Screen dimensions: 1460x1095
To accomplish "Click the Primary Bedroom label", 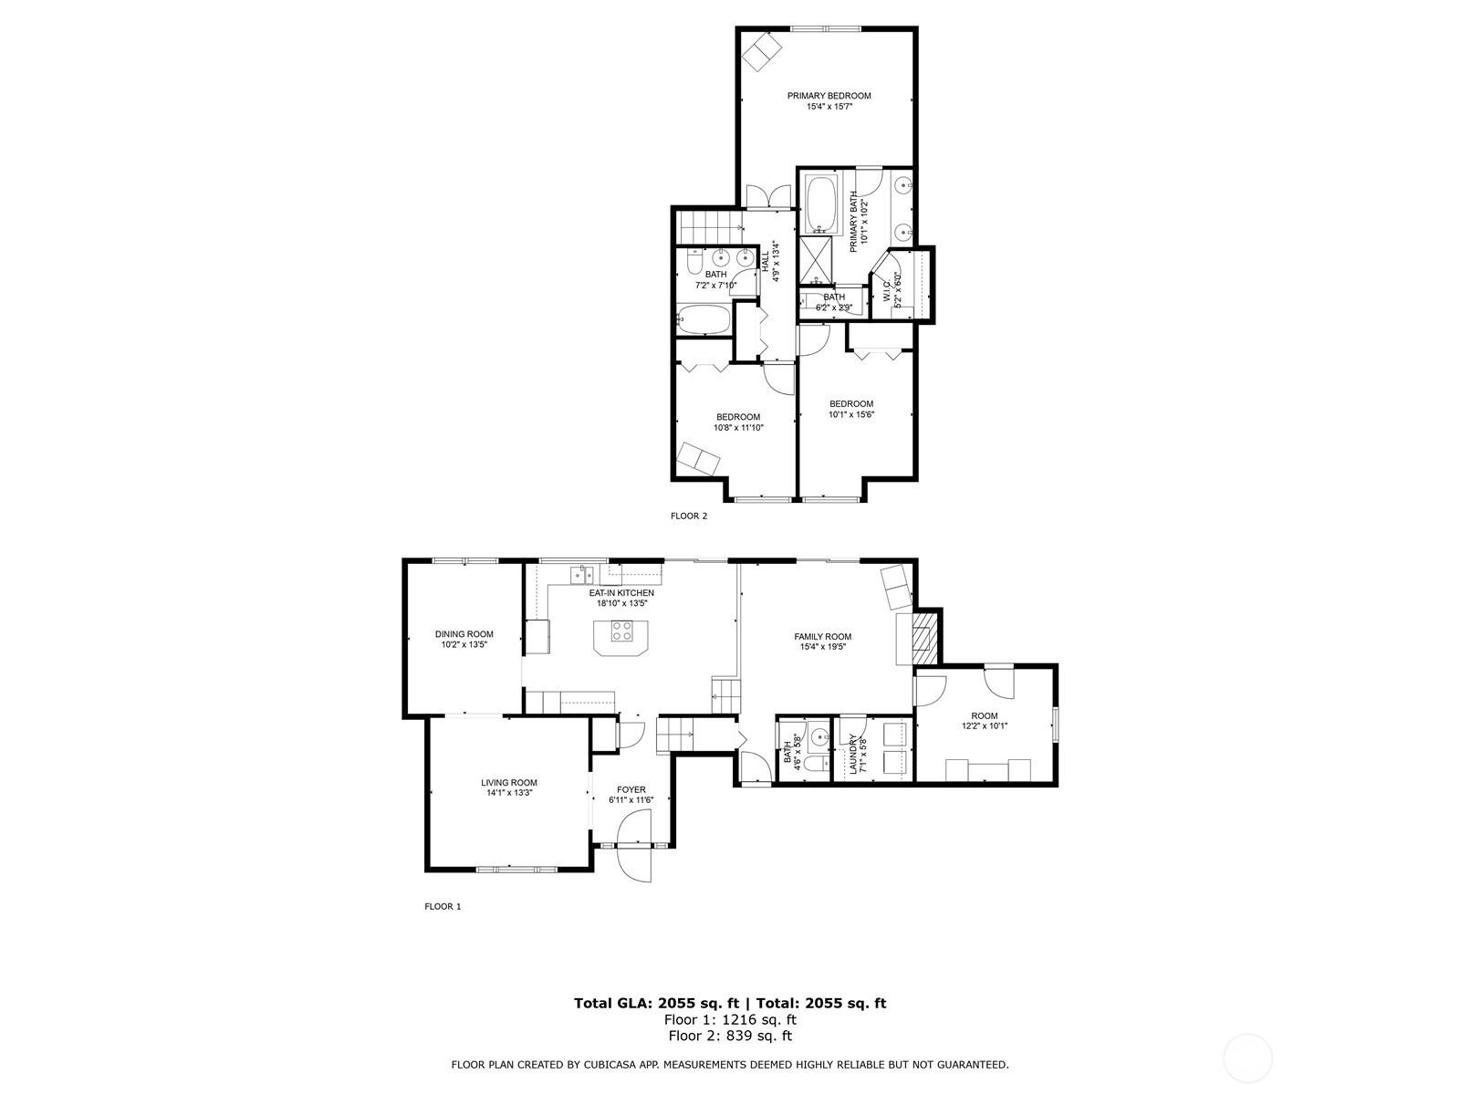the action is tap(829, 96).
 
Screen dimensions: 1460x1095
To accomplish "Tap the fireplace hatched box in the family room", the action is tap(923, 638).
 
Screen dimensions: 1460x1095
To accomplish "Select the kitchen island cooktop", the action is tap(621, 631).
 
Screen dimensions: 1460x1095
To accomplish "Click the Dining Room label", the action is tap(464, 634).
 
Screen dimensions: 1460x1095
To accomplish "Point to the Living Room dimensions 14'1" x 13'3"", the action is tap(509, 792).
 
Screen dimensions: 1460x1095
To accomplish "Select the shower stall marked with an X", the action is tap(815, 259).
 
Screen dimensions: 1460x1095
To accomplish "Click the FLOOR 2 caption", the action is tap(688, 516).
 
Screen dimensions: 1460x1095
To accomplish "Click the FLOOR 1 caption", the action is tap(443, 906).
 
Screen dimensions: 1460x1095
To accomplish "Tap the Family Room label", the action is tap(822, 636).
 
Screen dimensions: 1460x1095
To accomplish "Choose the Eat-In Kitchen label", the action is tap(621, 593).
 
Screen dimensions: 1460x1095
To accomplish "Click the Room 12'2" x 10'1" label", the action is tap(985, 721).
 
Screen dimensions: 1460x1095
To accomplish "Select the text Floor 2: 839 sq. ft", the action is tap(730, 1035).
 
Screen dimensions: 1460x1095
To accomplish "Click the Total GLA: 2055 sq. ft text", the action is tap(656, 1003).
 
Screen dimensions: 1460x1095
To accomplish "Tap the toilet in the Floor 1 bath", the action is tap(816, 763).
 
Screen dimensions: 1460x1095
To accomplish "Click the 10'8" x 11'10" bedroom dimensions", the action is tap(738, 427).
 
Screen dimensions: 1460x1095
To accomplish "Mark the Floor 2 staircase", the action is tap(709, 226).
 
